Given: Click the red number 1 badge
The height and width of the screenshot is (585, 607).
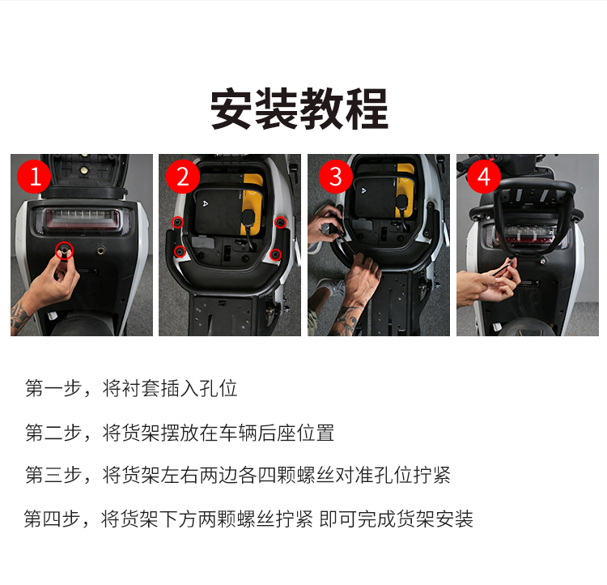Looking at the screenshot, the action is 34,177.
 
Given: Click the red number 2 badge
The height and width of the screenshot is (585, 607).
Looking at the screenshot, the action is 183,177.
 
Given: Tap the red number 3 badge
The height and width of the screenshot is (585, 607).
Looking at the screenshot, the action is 335,177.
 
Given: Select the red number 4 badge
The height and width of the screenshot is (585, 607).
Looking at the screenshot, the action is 484,177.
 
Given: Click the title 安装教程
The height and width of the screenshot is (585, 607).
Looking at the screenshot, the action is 299,109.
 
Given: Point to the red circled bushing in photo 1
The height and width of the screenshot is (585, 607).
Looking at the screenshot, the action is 64,250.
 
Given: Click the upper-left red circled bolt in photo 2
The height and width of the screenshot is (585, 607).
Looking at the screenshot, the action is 177,222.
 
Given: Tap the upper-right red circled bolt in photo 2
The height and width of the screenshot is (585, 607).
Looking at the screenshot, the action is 280,223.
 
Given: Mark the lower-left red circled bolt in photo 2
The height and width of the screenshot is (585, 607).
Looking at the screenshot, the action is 179,252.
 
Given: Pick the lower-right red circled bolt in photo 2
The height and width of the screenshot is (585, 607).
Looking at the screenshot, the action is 275,254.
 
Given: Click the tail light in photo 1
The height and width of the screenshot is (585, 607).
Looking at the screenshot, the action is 82,220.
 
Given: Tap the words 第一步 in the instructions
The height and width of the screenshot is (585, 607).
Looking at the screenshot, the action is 53,388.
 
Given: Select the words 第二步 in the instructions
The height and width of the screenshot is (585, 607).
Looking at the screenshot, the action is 53,433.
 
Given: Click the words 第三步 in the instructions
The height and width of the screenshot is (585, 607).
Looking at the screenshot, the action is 53,475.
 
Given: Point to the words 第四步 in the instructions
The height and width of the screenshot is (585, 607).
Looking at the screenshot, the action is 52,519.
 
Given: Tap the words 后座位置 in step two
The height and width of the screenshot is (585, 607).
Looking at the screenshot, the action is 295,433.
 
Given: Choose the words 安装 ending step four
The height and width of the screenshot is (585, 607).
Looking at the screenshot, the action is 455,519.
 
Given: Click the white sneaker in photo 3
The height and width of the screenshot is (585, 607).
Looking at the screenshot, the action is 330,286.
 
